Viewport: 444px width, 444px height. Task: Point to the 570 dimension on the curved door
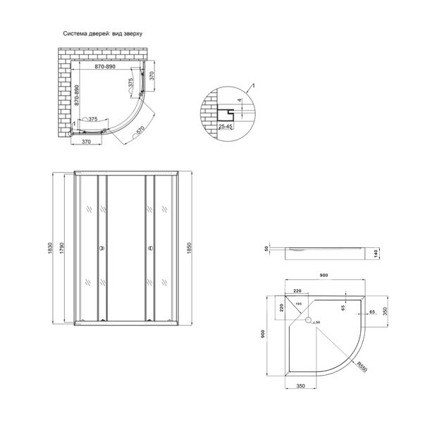tap(140, 130)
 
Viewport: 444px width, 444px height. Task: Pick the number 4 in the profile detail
tap(239, 100)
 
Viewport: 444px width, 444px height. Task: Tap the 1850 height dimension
tap(189, 247)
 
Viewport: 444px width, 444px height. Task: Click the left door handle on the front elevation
tap(100, 248)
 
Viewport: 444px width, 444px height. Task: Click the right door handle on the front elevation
tap(150, 248)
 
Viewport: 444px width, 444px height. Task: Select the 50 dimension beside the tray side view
tap(267, 249)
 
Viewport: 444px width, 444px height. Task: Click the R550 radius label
tap(361, 366)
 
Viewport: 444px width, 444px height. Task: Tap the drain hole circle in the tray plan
tap(307, 321)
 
